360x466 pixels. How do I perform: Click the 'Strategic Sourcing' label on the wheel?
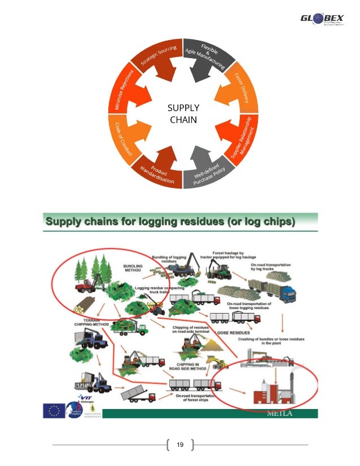coord(160,59)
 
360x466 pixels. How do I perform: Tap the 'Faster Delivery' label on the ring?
coord(243,90)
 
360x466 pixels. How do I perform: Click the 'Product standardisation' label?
coord(156,173)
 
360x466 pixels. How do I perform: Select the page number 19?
coord(180,445)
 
